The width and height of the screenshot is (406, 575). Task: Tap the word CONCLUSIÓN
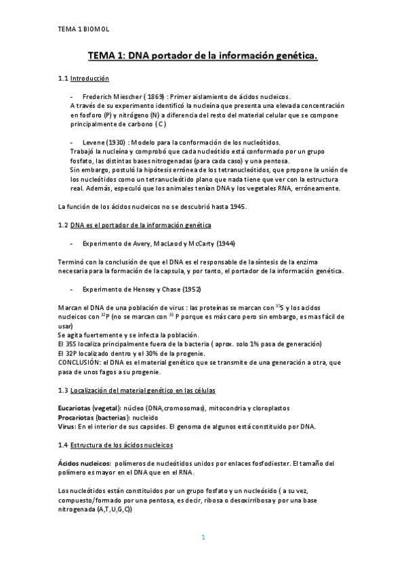click(80, 363)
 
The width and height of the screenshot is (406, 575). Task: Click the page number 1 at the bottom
click(202, 538)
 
